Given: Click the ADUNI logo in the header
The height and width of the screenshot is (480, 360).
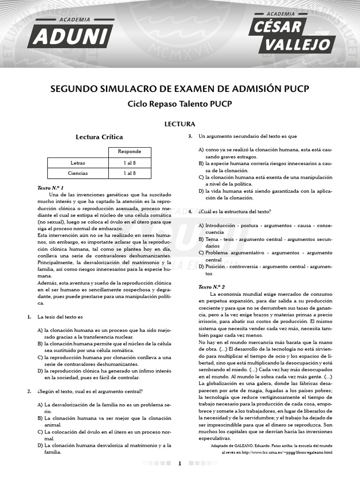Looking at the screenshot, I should (70, 34).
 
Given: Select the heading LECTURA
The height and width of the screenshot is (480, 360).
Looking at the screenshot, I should (180, 124).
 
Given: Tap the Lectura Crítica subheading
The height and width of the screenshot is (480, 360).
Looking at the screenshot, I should (99, 137).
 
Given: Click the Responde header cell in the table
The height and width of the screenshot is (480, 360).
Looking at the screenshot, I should (129, 152).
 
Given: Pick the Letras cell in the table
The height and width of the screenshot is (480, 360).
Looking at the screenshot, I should (78, 163).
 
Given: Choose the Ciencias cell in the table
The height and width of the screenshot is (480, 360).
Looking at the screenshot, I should (78, 173).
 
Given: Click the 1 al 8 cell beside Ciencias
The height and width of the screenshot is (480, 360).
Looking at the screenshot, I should (129, 173).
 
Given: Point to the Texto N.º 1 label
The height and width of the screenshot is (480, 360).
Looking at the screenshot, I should (50, 187).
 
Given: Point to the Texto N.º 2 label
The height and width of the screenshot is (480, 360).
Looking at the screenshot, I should (211, 286).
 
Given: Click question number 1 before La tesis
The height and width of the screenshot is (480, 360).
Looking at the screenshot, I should (29, 317).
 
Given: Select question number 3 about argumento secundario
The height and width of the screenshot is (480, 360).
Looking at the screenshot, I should (190, 136).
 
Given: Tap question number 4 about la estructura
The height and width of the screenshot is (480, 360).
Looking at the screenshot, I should (190, 211).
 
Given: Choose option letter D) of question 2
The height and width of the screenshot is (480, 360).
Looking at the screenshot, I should (40, 445).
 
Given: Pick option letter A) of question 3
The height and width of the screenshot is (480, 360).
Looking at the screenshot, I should (201, 150).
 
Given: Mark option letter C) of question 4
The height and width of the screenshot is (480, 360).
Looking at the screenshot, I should (201, 253).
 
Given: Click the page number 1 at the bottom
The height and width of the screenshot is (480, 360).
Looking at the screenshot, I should (180, 464).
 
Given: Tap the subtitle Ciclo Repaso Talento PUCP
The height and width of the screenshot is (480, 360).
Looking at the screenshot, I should (180, 104).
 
